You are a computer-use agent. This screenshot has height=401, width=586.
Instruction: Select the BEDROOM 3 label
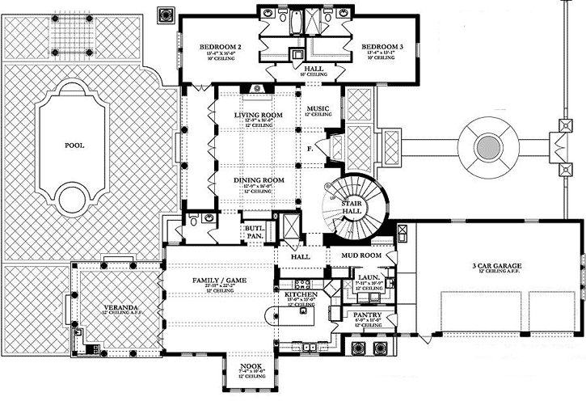click(382, 47)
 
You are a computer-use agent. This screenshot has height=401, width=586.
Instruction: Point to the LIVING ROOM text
click(258, 116)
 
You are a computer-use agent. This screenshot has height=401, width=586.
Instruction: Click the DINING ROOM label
click(258, 179)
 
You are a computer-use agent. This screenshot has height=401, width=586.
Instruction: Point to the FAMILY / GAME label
click(218, 280)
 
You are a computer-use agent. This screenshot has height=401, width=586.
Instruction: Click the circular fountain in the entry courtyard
click(487, 146)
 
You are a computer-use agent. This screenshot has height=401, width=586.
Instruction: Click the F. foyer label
click(310, 149)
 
